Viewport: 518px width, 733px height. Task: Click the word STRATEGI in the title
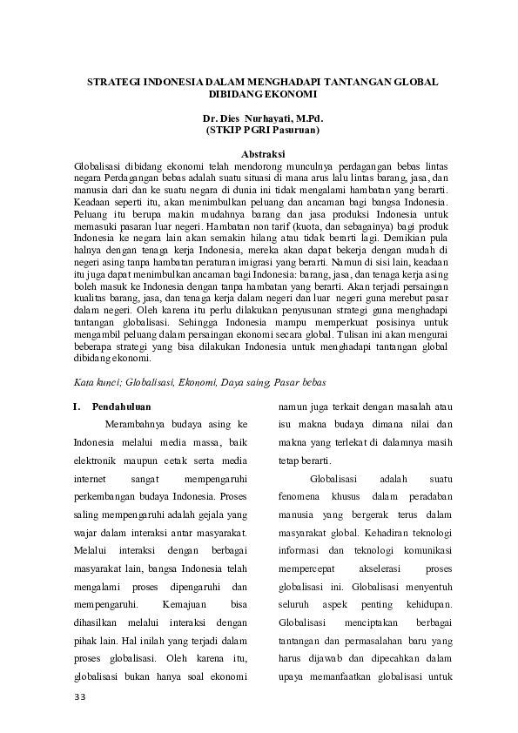tap(115, 81)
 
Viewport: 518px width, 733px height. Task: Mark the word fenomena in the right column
tap(298, 496)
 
